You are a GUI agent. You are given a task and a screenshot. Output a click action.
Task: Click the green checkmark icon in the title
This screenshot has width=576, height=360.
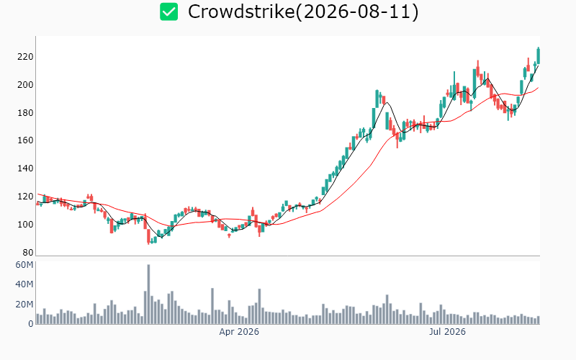point(169,12)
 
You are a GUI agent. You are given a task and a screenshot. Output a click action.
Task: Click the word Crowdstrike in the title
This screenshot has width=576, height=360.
point(241,12)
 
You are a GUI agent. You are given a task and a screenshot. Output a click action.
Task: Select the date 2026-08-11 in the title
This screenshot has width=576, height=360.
point(356,12)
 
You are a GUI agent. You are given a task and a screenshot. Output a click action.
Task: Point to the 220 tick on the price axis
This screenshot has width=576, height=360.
point(25,57)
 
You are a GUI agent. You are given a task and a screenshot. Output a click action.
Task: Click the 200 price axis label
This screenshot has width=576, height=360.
point(25,85)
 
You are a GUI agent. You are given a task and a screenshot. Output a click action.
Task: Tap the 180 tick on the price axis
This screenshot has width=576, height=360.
point(25,113)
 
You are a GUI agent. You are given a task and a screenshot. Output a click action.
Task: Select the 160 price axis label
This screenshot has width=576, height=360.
point(25,140)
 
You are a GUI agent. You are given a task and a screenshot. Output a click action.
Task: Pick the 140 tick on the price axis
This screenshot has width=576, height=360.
point(25,168)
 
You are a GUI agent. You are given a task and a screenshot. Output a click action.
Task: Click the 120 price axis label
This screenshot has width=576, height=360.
point(25,197)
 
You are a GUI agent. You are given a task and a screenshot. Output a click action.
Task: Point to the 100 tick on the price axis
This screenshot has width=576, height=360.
point(25,225)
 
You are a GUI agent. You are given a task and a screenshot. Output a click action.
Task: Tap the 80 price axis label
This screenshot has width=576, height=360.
point(27,253)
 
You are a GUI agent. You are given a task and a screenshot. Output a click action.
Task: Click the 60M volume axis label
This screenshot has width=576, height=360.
point(24,265)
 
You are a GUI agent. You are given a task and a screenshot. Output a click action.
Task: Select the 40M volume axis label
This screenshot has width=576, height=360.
point(24,284)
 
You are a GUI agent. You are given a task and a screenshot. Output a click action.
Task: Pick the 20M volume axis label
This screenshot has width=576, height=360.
point(24,305)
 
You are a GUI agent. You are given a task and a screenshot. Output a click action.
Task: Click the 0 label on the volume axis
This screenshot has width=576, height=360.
point(31,324)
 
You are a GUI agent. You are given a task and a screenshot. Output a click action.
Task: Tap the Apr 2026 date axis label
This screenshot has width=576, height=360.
point(239,332)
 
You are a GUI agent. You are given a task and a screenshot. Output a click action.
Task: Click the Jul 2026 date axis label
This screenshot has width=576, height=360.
point(447,332)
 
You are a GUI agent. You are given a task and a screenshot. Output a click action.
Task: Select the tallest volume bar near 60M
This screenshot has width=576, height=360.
point(148,294)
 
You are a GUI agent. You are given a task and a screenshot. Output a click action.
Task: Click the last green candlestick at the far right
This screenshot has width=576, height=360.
point(538,56)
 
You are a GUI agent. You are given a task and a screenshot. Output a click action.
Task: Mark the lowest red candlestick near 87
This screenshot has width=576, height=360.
point(148,236)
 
